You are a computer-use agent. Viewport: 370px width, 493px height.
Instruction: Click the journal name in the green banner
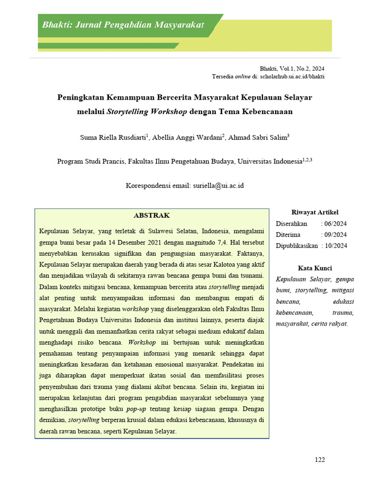tap(123, 25)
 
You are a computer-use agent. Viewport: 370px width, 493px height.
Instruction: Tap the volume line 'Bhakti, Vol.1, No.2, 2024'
tap(292, 69)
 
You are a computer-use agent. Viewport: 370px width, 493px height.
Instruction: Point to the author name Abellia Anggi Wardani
tap(187, 137)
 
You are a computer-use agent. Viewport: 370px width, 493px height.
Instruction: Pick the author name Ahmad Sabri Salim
tap(258, 137)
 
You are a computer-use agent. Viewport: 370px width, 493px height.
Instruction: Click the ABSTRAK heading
tap(151, 215)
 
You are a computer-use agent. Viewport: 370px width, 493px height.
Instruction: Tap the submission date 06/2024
tap(336, 223)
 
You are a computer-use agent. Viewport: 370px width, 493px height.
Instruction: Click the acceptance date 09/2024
tap(336, 234)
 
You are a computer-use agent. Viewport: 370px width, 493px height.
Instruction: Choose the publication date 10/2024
tap(336, 246)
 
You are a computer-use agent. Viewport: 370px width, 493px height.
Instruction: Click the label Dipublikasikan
tap(296, 246)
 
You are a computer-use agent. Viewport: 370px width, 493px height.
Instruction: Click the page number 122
tap(319, 460)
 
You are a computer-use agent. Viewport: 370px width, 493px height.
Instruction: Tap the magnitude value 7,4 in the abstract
tap(223, 242)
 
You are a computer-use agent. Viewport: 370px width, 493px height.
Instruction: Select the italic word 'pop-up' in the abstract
tap(136, 409)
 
